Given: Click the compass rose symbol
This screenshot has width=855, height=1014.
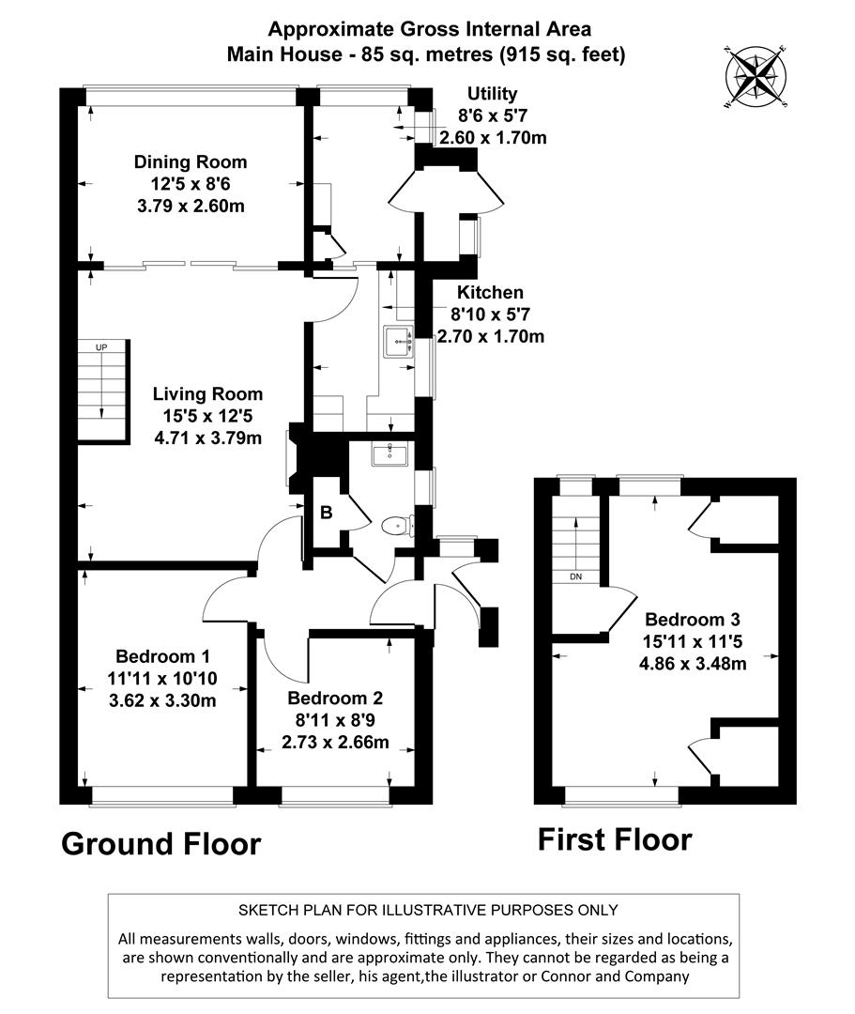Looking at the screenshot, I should (x=756, y=76).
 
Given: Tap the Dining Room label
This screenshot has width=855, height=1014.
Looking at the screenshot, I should (x=191, y=162).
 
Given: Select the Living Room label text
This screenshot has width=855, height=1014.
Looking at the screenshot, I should (x=208, y=394).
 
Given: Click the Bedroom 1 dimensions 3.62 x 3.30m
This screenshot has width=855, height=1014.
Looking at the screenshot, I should (x=162, y=700).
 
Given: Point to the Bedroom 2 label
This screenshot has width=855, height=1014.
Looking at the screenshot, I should (x=336, y=699).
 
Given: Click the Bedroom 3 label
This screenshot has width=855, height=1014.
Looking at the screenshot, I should (x=693, y=620).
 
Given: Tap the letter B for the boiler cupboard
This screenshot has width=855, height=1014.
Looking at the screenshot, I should (x=327, y=513).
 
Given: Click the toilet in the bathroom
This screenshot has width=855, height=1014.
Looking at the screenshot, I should (x=398, y=526).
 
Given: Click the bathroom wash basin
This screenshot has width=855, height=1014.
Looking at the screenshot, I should (x=389, y=455).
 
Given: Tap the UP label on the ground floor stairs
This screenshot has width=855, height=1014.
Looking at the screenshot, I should (x=102, y=347).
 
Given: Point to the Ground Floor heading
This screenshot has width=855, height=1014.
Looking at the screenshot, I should (x=160, y=843).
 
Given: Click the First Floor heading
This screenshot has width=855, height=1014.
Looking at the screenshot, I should (x=615, y=838).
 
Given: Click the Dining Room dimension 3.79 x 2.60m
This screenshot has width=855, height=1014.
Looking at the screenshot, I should (x=191, y=206).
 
